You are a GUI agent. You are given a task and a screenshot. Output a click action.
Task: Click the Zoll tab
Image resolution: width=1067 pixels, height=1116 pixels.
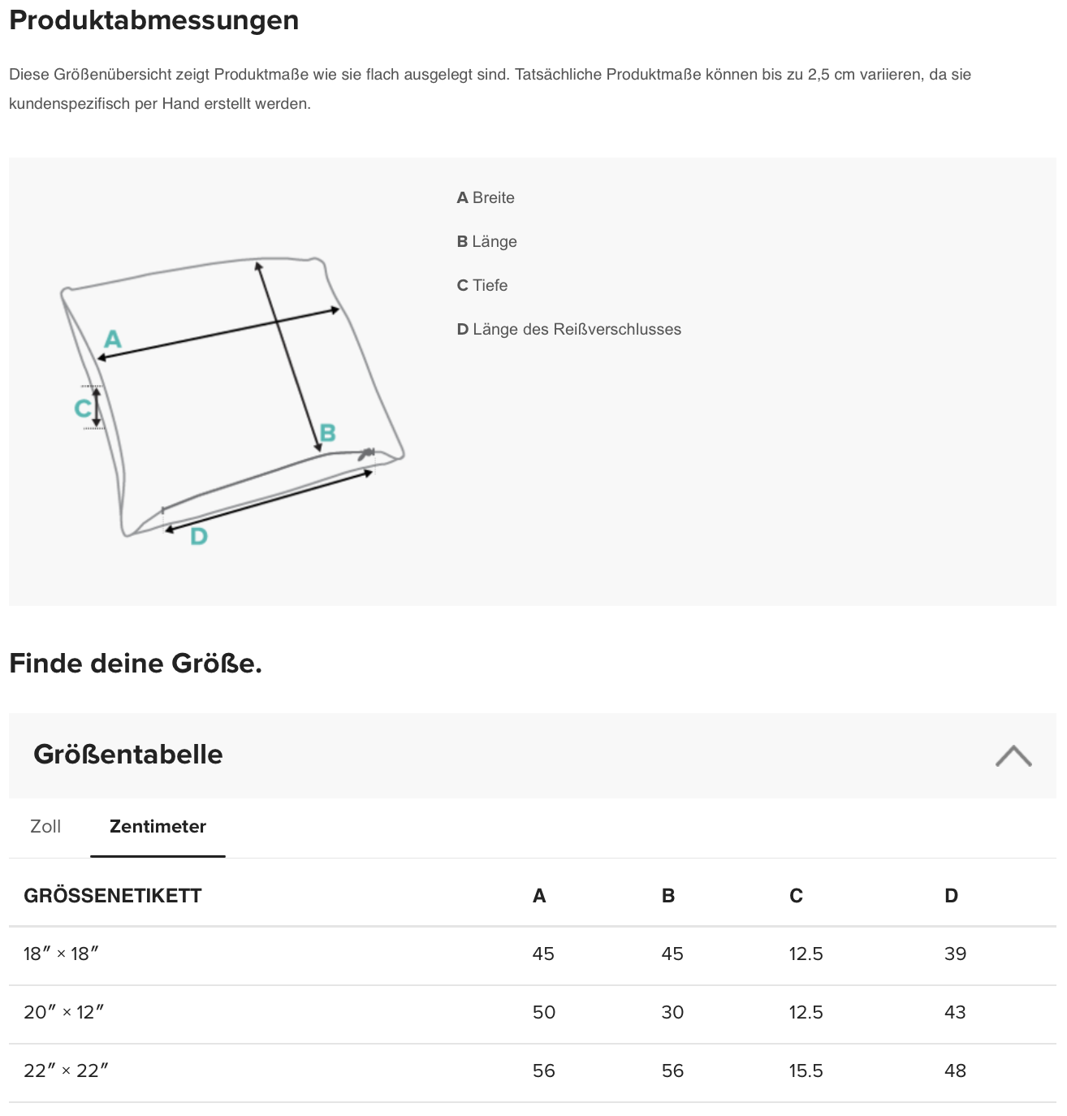point(45,827)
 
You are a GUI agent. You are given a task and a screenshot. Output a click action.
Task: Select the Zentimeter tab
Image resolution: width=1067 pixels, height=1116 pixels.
point(158,827)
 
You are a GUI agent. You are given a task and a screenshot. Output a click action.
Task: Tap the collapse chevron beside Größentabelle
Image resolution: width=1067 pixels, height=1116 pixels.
point(1013,755)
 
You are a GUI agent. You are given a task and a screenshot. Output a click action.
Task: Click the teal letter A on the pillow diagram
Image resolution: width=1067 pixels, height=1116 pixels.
point(113,339)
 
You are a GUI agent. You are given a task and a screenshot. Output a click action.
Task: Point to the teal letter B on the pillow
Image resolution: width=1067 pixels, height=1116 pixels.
point(327,433)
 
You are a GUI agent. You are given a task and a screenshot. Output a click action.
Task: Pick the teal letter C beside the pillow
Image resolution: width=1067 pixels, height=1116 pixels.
point(83,408)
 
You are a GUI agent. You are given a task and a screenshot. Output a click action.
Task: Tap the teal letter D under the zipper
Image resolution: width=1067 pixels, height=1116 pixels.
point(199,536)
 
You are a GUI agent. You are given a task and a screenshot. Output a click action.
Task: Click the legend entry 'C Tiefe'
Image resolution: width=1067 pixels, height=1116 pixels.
point(482,285)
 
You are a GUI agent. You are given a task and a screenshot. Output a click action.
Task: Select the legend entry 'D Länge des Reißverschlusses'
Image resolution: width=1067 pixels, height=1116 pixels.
point(568,329)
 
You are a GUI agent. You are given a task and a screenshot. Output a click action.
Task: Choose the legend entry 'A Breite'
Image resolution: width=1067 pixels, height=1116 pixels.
point(486,197)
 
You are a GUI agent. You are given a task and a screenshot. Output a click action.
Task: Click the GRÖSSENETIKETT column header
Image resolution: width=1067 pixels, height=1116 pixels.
point(113,896)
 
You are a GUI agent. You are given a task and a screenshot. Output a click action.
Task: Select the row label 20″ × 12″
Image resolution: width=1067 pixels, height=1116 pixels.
point(64,1012)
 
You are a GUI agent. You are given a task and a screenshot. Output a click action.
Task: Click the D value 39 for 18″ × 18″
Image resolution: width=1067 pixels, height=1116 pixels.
point(955,954)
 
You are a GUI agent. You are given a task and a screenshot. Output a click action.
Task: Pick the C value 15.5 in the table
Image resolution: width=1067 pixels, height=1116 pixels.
point(806,1071)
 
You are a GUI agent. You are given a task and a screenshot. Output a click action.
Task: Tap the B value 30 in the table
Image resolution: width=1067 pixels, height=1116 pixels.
point(672,1012)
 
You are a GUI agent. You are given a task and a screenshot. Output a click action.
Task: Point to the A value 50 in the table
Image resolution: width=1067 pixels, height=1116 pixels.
point(543,1012)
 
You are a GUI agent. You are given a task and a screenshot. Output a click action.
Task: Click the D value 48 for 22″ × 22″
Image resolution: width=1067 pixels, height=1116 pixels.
point(955,1071)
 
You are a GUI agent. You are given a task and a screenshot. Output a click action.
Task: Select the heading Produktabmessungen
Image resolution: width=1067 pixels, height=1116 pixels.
point(154,20)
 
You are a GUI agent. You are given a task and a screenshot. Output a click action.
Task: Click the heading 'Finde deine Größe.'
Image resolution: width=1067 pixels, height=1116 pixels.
point(136,664)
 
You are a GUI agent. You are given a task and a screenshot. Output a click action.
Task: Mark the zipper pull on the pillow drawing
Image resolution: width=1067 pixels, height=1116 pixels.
point(367,453)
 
